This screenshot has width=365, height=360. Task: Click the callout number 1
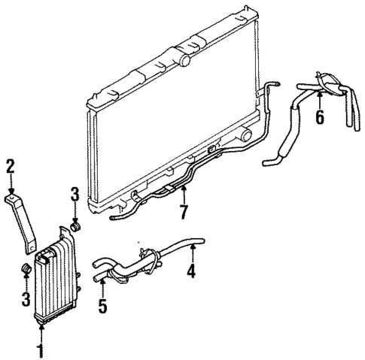point(41,350)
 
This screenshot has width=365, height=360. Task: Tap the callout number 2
point(11,166)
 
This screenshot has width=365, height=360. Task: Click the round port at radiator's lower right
point(245,135)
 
